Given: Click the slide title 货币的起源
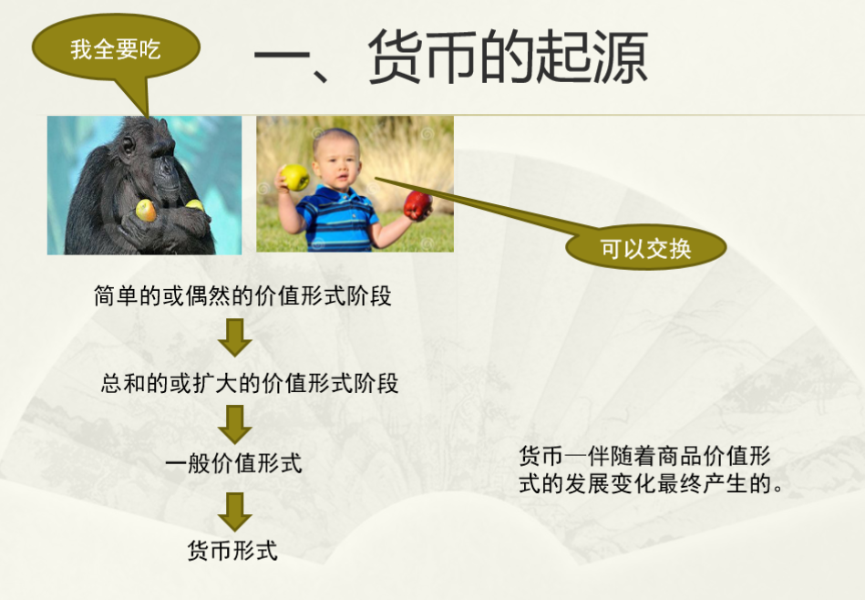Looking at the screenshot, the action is pyautogui.click(x=508, y=57).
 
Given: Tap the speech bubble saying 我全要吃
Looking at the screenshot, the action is pyautogui.click(x=116, y=49).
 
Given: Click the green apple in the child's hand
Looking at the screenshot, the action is pyautogui.click(x=295, y=177).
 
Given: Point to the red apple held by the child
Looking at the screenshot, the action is pyautogui.click(x=417, y=205).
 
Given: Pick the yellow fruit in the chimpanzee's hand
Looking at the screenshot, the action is pyautogui.click(x=145, y=211).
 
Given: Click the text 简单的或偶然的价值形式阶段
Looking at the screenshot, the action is pyautogui.click(x=242, y=295).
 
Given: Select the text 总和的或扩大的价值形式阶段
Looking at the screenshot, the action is pyautogui.click(x=250, y=383).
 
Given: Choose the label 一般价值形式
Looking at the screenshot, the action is pyautogui.click(x=234, y=462).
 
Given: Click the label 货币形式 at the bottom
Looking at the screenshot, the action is pyautogui.click(x=232, y=551).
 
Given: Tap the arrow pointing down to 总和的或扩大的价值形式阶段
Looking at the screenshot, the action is pyautogui.click(x=235, y=337).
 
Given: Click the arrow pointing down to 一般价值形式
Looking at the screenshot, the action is pyautogui.click(x=235, y=425).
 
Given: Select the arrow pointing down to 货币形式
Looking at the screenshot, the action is pyautogui.click(x=235, y=512).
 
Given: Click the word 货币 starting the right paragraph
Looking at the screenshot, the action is pyautogui.click(x=541, y=457).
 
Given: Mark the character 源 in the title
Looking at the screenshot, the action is pyautogui.click(x=621, y=57).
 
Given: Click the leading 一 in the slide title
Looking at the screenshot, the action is pyautogui.click(x=282, y=57).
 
